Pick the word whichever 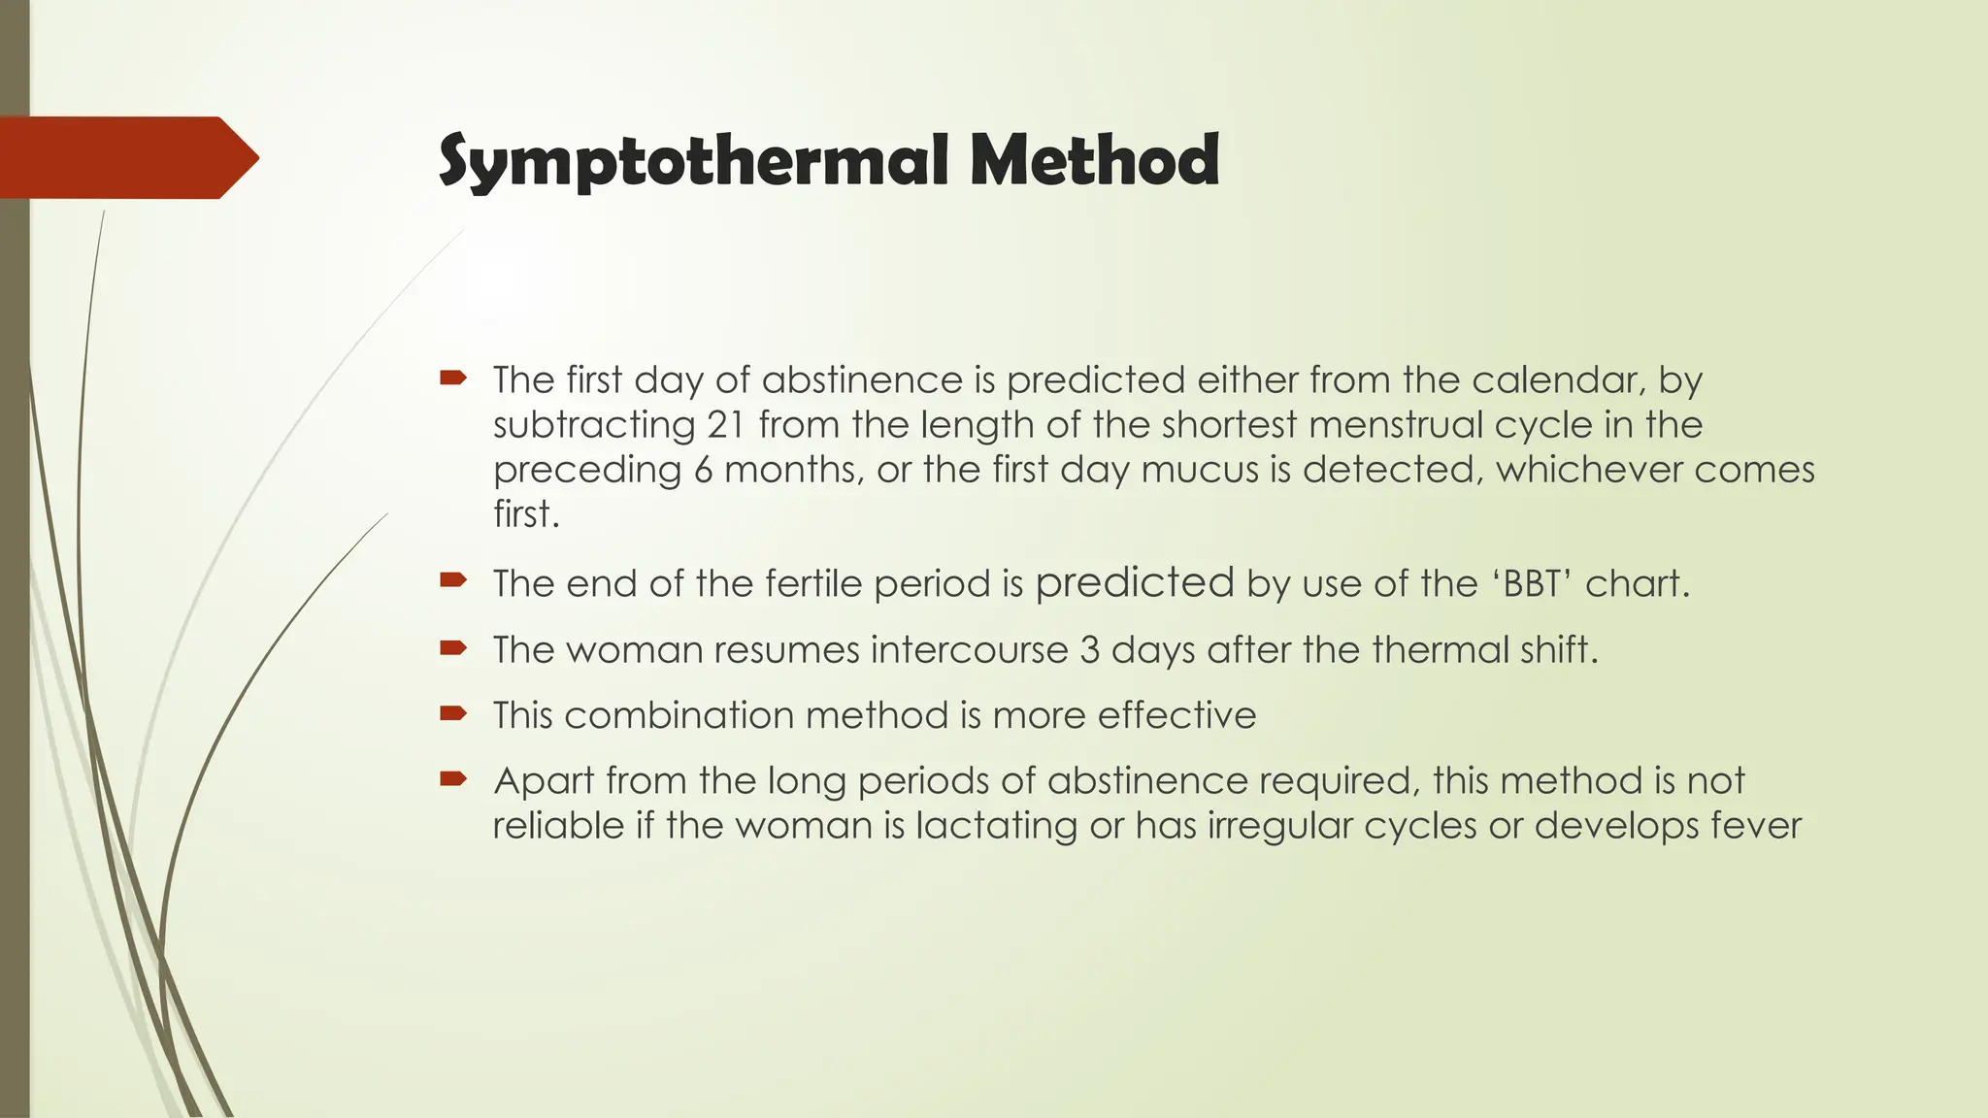pyautogui.click(x=1588, y=470)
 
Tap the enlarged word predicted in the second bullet pyautogui.click(x=1135, y=582)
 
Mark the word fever pyautogui.click(x=1755, y=826)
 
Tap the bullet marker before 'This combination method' pyautogui.click(x=453, y=713)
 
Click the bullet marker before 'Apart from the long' pyautogui.click(x=453, y=778)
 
